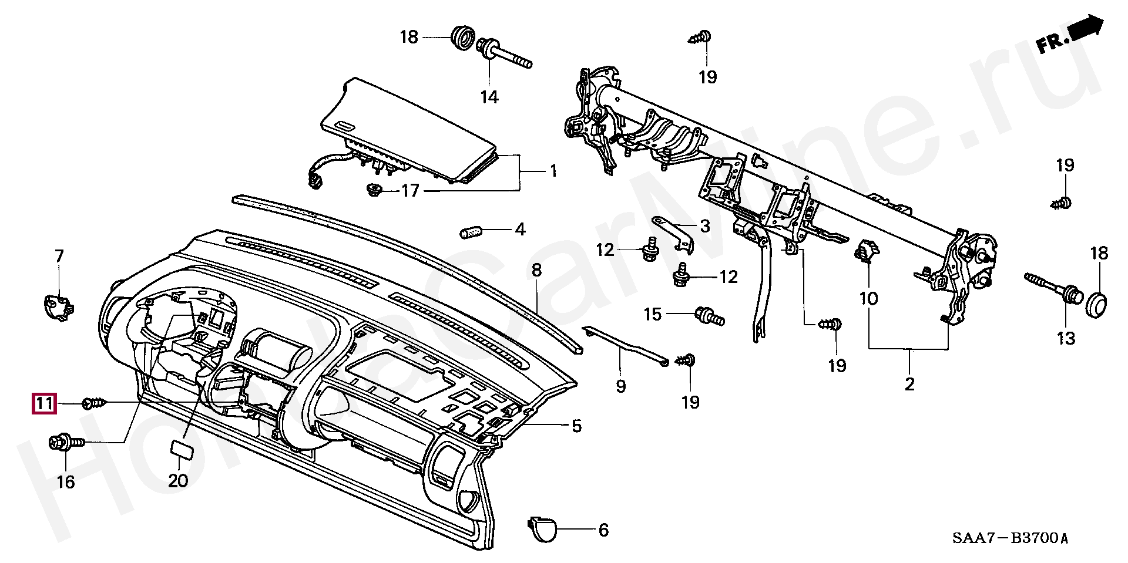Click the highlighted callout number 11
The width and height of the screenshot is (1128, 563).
tap(45, 403)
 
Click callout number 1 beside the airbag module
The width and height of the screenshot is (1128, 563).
tap(553, 171)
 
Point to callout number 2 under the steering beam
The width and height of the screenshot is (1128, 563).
tap(909, 385)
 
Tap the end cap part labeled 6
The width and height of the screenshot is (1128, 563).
tap(542, 528)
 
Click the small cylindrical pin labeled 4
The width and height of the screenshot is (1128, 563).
tap(471, 232)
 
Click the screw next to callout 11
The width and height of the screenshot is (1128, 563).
tap(95, 403)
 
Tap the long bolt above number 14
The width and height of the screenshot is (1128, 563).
tap(504, 53)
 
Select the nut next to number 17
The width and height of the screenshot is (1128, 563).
tap(374, 190)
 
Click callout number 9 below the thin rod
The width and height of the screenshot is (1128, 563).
tap(620, 386)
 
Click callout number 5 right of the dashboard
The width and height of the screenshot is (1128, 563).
tap(576, 426)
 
